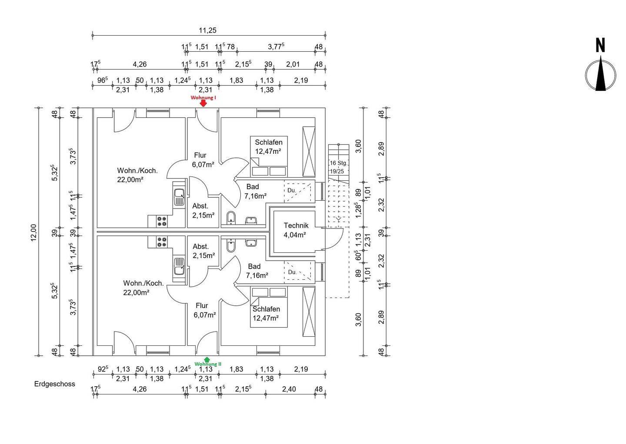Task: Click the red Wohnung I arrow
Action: [203, 103]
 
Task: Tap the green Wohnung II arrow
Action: [207, 359]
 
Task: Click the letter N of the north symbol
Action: [600, 46]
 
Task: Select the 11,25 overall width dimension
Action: [208, 30]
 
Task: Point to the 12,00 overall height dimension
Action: [33, 232]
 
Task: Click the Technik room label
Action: [296, 225]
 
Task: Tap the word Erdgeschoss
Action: [54, 384]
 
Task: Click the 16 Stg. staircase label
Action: [338, 163]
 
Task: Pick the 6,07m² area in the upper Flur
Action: [203, 165]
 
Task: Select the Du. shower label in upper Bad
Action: [291, 190]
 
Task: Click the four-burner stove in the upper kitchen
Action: [162, 222]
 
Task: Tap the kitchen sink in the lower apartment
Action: [179, 266]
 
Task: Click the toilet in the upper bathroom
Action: [231, 218]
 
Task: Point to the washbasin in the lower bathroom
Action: [251, 243]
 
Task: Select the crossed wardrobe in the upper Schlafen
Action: [309, 152]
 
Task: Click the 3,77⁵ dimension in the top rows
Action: [276, 46]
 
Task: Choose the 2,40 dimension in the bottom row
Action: [289, 389]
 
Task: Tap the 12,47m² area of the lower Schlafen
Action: [266, 318]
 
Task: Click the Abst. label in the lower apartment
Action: [201, 246]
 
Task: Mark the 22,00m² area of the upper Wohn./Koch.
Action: [130, 179]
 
